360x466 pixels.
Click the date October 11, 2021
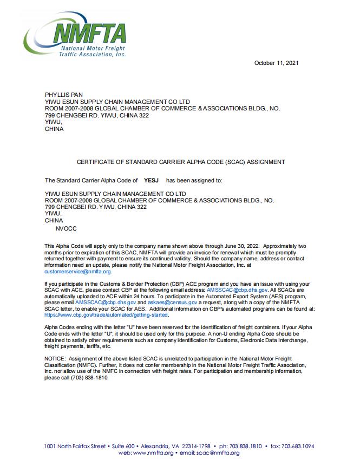click(x=277, y=63)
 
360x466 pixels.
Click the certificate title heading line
click(x=180, y=162)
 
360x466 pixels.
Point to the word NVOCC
click(x=67, y=229)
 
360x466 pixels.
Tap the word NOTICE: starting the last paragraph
click(x=55, y=359)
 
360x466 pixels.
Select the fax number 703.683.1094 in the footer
click(x=295, y=447)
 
